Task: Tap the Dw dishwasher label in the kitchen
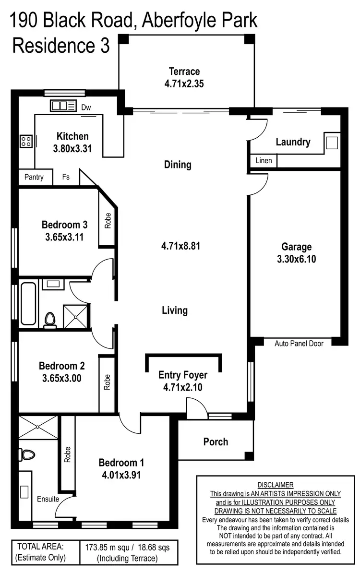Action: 86,107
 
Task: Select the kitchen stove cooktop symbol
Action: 25,141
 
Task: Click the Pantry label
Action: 34,177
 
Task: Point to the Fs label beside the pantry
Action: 66,177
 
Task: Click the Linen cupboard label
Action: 264,160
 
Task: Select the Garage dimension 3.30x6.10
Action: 296,259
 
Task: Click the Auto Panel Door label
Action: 299,343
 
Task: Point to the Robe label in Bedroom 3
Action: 108,220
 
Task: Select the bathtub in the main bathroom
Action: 28,303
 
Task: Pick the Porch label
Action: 216,442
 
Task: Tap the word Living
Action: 175,310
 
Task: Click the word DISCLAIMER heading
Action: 275,485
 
